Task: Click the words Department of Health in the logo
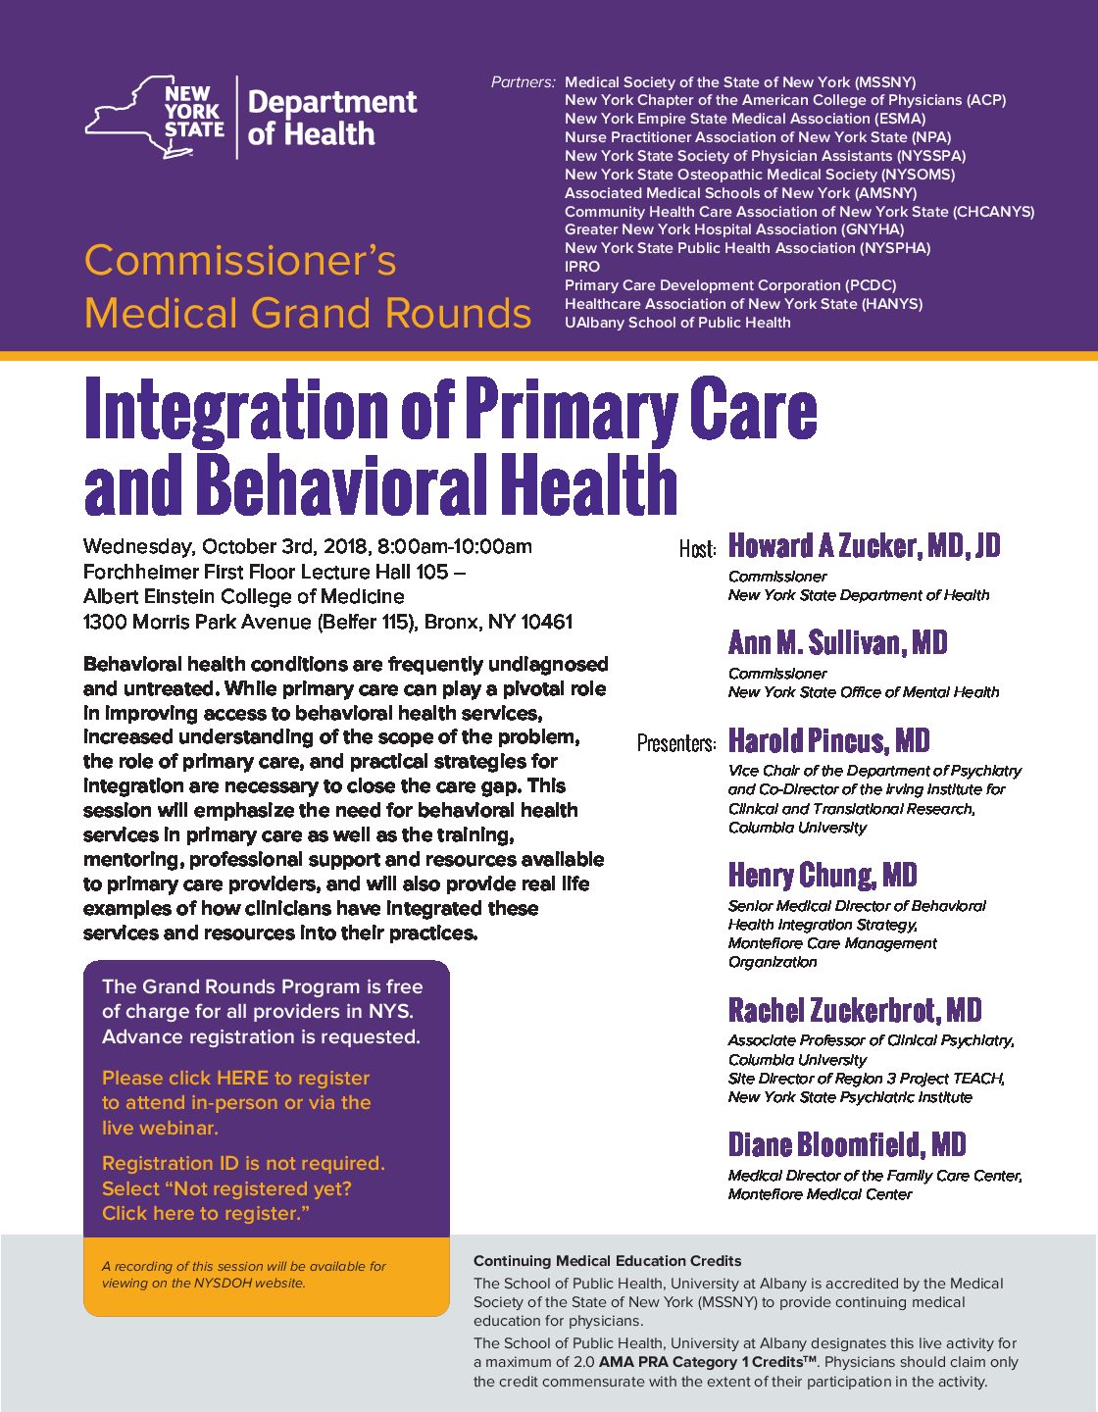click(332, 118)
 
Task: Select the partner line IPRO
click(582, 267)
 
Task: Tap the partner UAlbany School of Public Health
click(677, 323)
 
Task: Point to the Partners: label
click(523, 82)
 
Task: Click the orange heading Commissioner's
click(240, 261)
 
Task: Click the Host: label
click(698, 549)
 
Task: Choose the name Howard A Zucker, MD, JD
click(864, 546)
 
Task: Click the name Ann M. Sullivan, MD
click(837, 643)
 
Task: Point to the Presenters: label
click(676, 743)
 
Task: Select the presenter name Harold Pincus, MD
click(828, 740)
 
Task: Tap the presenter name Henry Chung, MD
click(822, 875)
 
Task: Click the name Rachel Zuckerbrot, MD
click(854, 1010)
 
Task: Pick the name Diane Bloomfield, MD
click(846, 1144)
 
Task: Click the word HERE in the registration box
click(242, 1078)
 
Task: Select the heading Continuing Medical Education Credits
click(607, 1261)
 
